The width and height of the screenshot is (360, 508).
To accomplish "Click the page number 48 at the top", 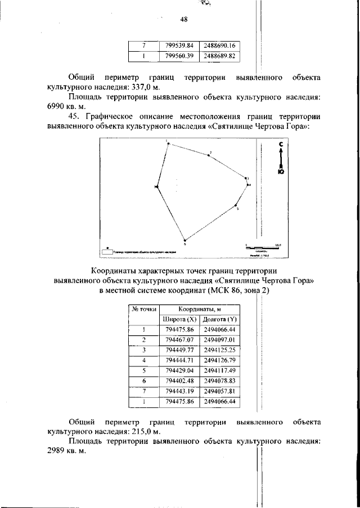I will click(183, 20).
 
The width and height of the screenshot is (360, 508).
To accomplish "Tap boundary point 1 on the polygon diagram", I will click(167, 143).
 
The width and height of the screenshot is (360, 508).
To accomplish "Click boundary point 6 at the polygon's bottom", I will click(185, 240).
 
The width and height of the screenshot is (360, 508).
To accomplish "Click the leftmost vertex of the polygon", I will click(157, 187).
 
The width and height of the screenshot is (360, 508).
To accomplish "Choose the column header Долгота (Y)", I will click(219, 319).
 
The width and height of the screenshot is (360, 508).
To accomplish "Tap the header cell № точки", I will click(143, 309).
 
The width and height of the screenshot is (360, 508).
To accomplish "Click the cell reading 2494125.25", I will click(219, 350).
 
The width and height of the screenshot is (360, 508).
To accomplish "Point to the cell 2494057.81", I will click(219, 391).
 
